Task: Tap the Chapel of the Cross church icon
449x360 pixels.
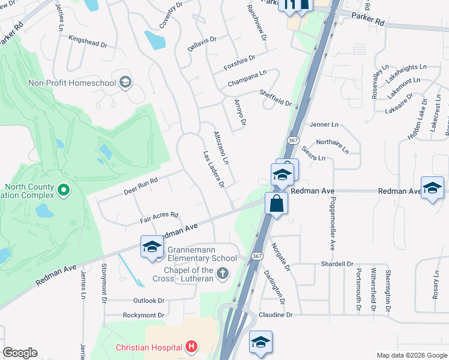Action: point(223,274)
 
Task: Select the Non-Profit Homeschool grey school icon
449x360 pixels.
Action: point(125,82)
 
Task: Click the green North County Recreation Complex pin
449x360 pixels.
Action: point(64,191)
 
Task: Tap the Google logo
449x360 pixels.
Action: point(20,353)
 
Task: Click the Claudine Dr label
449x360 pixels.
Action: point(276,314)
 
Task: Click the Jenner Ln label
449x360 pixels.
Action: point(324,124)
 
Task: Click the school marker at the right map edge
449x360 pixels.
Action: point(432,188)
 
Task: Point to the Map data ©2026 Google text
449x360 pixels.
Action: point(411,355)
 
